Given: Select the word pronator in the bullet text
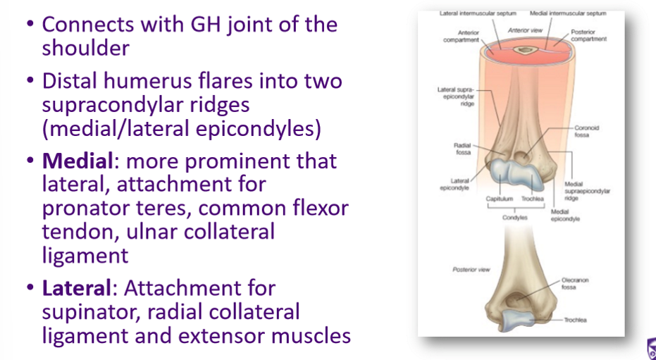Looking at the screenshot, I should pos(88,209).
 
